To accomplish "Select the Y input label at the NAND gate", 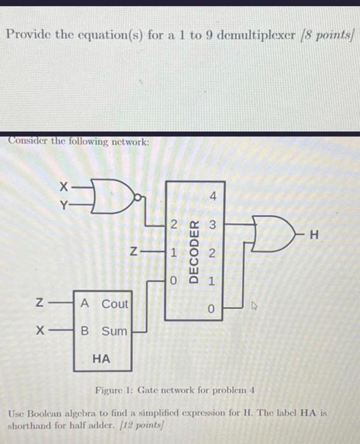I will [63, 204].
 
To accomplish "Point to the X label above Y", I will [63, 187].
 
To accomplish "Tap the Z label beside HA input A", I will [40, 304].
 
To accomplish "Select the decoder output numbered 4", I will [214, 197].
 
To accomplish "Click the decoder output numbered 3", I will [214, 225].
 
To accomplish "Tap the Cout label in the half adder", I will [115, 304].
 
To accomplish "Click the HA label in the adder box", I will [101, 358].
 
